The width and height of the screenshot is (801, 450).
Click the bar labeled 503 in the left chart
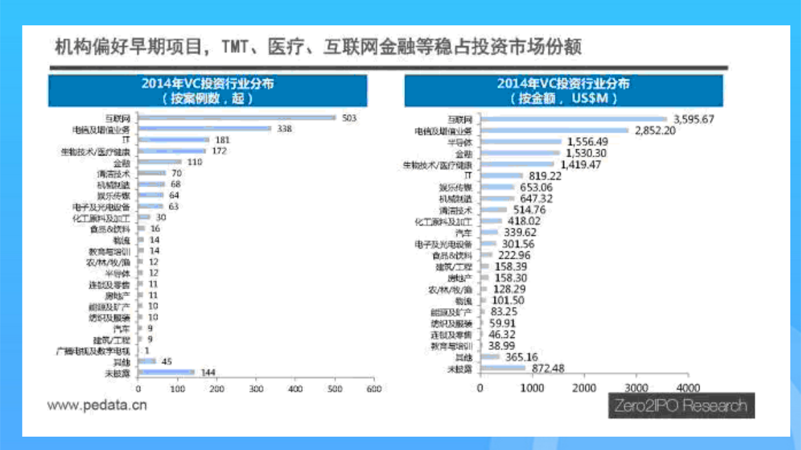coord(237,117)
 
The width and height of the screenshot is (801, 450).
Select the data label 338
coord(284,129)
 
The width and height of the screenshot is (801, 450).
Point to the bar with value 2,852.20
coord(555,131)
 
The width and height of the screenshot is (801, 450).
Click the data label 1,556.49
coord(587,142)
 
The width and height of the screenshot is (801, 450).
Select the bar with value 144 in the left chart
coord(166,372)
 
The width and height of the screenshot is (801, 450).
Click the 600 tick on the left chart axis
coord(374,388)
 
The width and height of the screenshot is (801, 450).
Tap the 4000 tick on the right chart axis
coord(688,387)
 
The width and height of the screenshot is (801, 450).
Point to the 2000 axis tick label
coord(585,387)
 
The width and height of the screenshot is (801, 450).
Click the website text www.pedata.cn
coord(96,405)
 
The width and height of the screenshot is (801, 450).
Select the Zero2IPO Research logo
coord(681,405)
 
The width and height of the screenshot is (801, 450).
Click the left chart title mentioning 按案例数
coord(208,91)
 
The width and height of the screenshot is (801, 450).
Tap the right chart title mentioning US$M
coord(563,91)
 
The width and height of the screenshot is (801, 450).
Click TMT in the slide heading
coord(240,48)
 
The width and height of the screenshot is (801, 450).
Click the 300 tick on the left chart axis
coord(256,388)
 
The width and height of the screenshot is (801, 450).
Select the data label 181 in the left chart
coord(223,140)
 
